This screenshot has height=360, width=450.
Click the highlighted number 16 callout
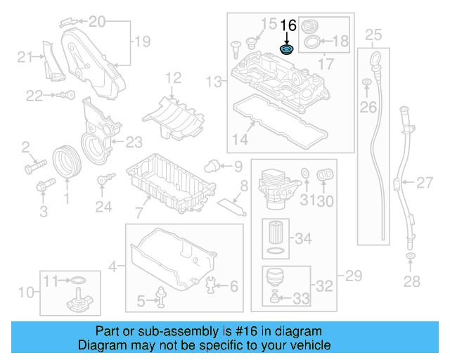click(x=288, y=26)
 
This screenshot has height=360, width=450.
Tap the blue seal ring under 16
click(x=287, y=50)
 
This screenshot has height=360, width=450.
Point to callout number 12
click(x=174, y=77)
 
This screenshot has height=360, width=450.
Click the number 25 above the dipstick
click(x=373, y=34)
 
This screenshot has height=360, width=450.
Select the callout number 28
click(x=411, y=281)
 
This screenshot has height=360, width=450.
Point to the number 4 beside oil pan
click(x=112, y=266)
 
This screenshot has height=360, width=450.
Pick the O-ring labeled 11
click(x=78, y=282)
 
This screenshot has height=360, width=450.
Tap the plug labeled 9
click(x=210, y=165)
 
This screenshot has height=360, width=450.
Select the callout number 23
click(x=134, y=142)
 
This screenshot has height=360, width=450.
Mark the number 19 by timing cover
click(x=143, y=42)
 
